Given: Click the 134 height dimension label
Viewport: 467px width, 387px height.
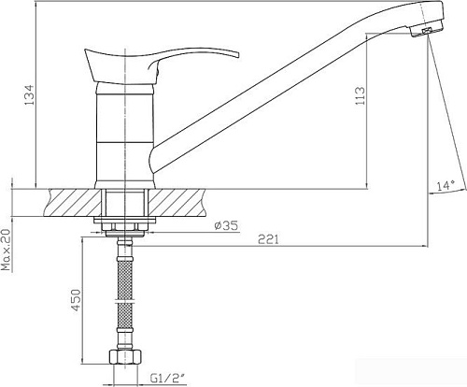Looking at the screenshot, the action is pyautogui.click(x=30, y=94).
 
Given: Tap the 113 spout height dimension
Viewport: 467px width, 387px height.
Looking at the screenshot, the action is pyautogui.click(x=361, y=96).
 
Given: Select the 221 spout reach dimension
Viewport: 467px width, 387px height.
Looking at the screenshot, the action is pyautogui.click(x=269, y=239).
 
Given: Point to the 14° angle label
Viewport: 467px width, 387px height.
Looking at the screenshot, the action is pyautogui.click(x=446, y=186).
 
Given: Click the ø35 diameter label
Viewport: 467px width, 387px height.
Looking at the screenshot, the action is pyautogui.click(x=226, y=225).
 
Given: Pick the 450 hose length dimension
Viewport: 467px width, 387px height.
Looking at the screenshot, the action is pyautogui.click(x=76, y=300).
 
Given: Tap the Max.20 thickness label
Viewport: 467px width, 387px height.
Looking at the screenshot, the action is pyautogui.click(x=6, y=250).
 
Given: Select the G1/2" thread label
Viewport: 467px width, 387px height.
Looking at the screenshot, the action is pyautogui.click(x=167, y=379).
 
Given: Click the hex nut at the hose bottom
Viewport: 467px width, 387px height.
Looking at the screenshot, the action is pyautogui.click(x=125, y=357).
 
